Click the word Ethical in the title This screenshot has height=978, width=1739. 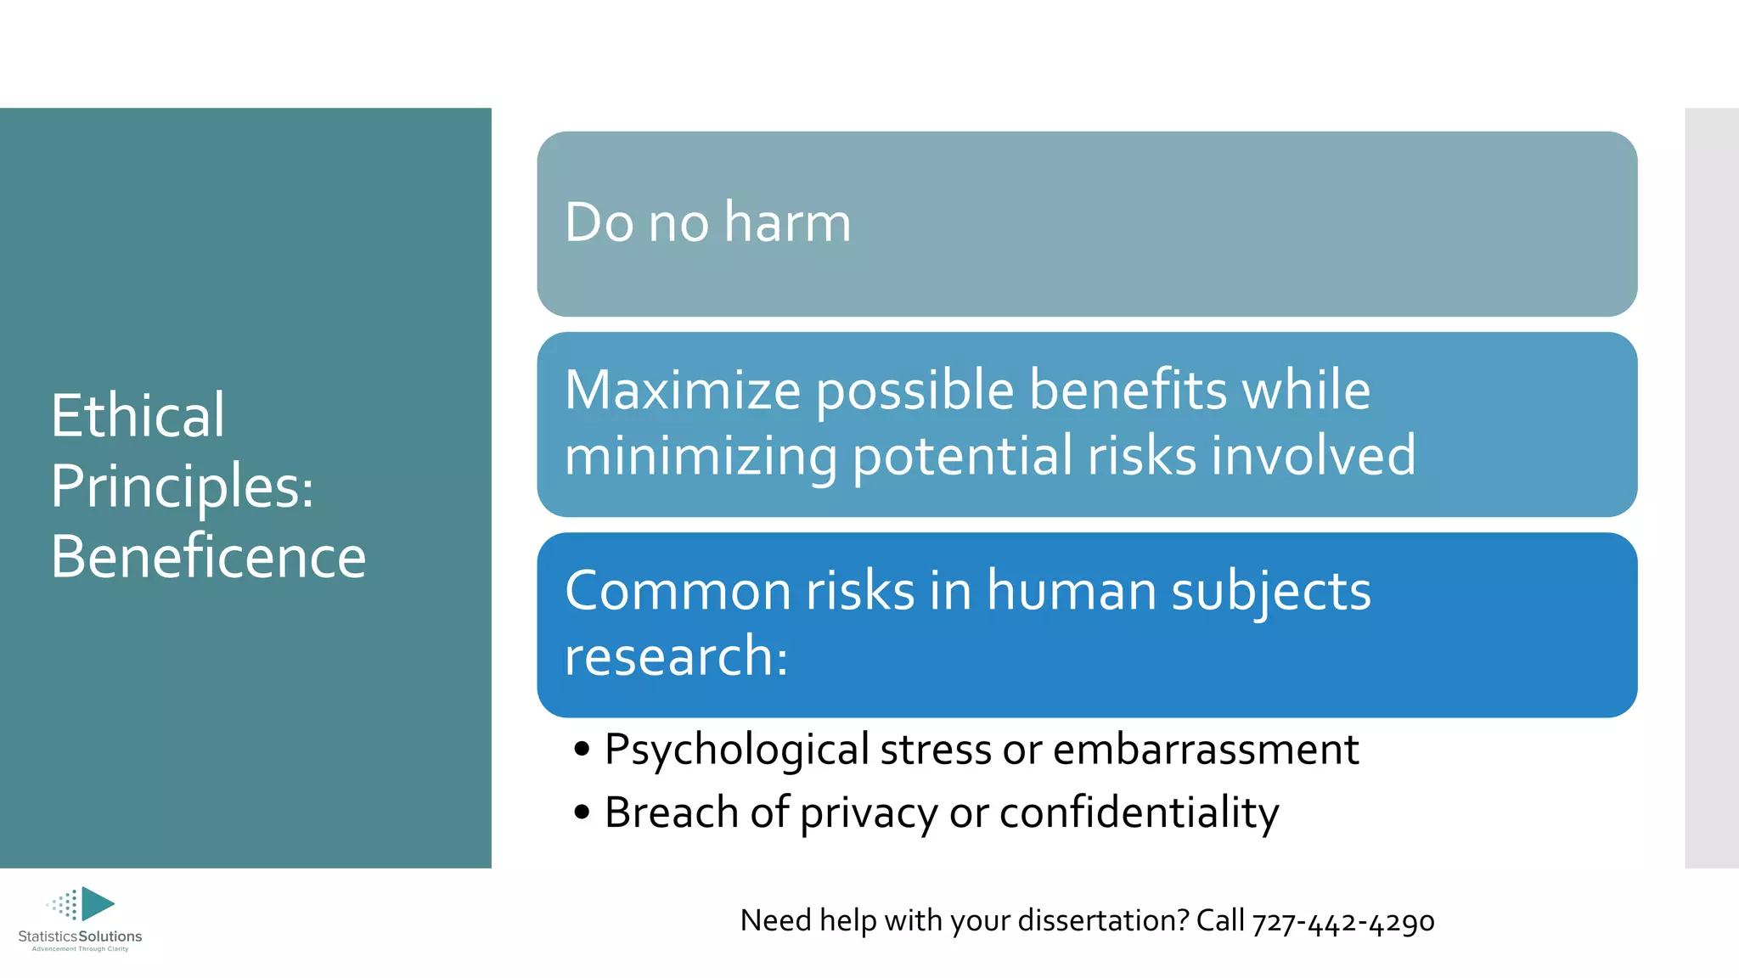point(138,416)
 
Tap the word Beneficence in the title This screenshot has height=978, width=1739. point(208,557)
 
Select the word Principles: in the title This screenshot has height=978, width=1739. point(182,486)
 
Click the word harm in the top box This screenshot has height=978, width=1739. point(787,222)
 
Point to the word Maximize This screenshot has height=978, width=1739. point(683,391)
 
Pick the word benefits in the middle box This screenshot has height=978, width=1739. point(1128,391)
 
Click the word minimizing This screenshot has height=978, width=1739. point(701,456)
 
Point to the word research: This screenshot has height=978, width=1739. point(676,656)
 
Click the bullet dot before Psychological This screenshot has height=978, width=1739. point(582,749)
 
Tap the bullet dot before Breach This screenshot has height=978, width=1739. point(582,812)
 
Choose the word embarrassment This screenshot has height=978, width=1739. point(1206,750)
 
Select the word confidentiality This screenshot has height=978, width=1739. point(1139,812)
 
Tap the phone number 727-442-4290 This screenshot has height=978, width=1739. point(1343,922)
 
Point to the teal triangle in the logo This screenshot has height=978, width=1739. point(97,903)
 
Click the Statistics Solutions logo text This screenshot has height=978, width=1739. point(80,936)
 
